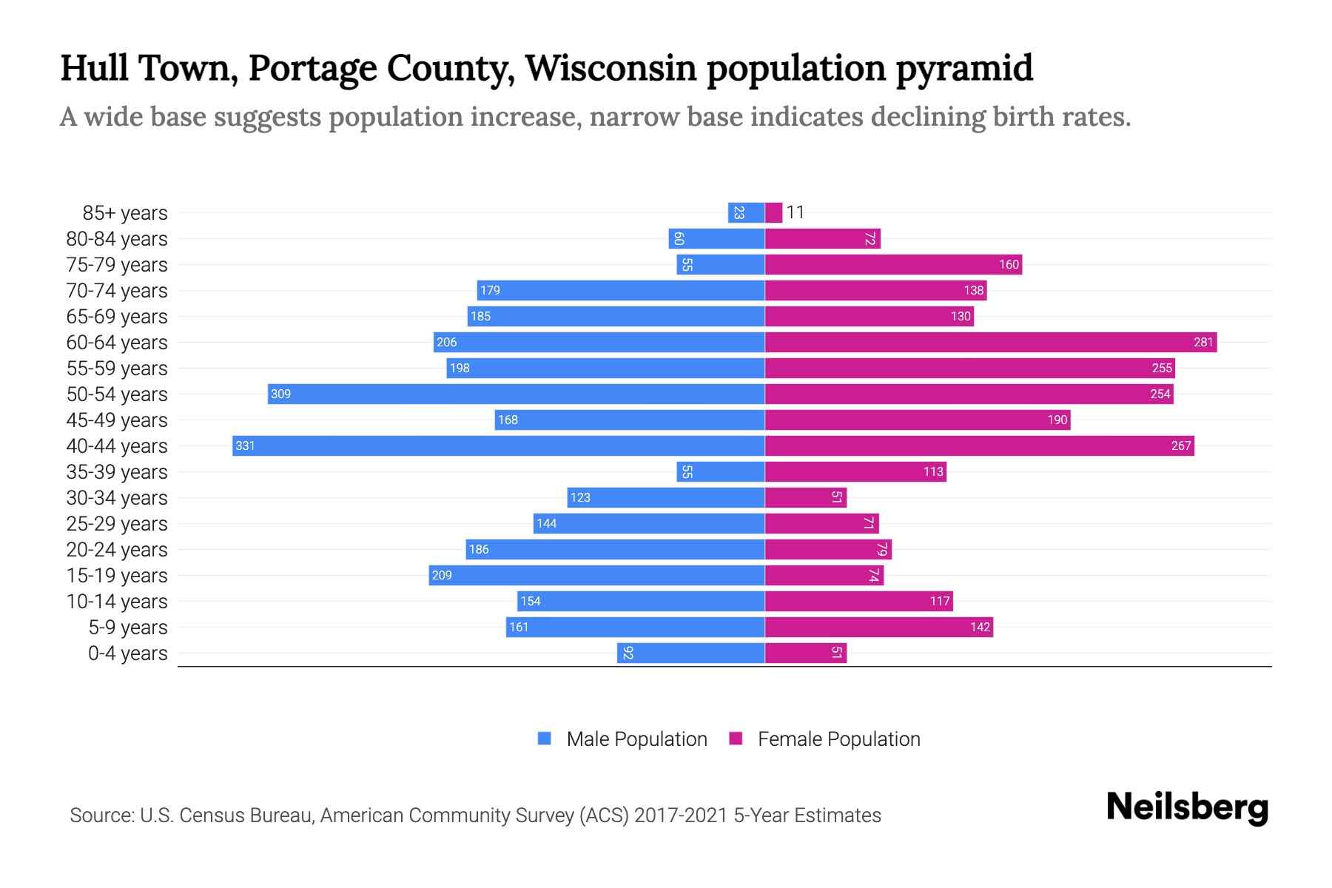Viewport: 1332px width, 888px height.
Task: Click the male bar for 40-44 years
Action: click(x=498, y=445)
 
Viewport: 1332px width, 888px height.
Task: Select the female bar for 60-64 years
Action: click(x=990, y=342)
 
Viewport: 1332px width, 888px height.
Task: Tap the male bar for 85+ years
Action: click(x=746, y=212)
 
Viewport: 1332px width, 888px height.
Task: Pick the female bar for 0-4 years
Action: click(x=805, y=653)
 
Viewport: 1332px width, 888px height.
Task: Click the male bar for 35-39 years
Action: click(x=720, y=471)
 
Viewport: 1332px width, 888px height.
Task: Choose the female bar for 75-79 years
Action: click(x=892, y=264)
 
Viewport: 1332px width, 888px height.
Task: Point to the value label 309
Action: click(x=280, y=394)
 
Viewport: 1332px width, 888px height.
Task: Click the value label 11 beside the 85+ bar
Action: click(x=795, y=212)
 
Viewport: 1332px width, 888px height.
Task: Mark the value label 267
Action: click(x=1181, y=445)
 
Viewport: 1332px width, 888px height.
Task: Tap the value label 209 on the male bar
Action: click(x=442, y=575)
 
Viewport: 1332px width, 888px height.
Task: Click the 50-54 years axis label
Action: click(x=117, y=394)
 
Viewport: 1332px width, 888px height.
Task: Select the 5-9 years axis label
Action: click(x=127, y=627)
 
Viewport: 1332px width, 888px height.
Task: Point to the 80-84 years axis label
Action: click(x=117, y=238)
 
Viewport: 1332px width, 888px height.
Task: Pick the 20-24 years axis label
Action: click(x=117, y=549)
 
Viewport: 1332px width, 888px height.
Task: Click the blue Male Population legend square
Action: click(x=545, y=739)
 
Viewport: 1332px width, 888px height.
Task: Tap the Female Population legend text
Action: click(x=838, y=739)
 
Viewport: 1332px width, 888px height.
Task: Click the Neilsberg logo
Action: click(x=1187, y=807)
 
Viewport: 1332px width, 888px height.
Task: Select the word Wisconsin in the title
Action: click(x=610, y=68)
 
